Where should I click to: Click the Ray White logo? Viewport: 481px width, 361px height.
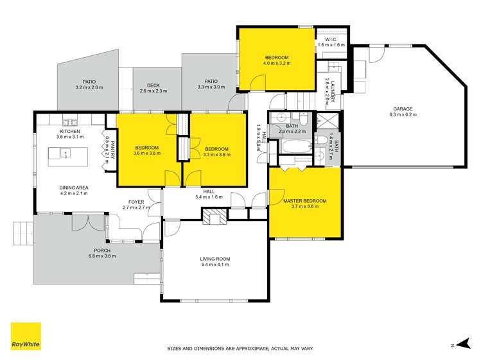pyautogui.click(x=26, y=336)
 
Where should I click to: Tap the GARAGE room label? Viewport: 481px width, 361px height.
pyautogui.click(x=403, y=109)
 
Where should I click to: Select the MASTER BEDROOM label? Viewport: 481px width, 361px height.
pyautogui.click(x=304, y=201)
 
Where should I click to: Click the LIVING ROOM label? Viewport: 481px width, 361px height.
pyautogui.click(x=215, y=259)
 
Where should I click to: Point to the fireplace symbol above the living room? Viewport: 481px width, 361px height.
pyautogui.click(x=214, y=218)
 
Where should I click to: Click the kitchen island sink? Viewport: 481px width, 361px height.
pyautogui.click(x=65, y=154)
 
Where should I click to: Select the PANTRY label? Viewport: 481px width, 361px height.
pyautogui.click(x=112, y=149)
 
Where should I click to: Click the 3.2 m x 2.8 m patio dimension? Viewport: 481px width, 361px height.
pyautogui.click(x=89, y=87)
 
